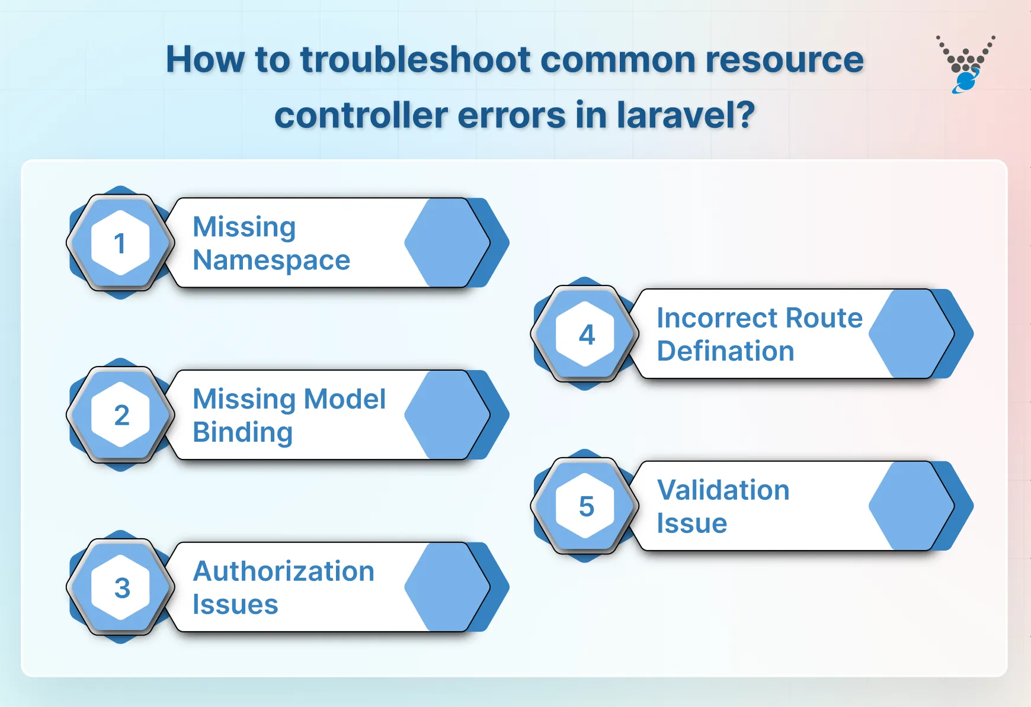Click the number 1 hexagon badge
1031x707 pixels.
(120, 243)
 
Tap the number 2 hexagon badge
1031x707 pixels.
(120, 414)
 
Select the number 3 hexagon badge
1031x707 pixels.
(120, 587)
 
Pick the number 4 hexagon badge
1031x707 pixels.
(585, 334)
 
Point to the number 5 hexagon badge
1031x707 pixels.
(585, 506)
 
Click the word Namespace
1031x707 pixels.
(271, 261)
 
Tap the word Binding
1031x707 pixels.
(242, 432)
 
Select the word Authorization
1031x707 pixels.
(284, 571)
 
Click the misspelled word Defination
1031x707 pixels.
(725, 351)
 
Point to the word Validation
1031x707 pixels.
(723, 490)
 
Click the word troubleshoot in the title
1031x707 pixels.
(415, 60)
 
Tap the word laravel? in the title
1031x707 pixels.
(686, 115)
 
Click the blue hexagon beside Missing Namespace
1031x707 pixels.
(447, 243)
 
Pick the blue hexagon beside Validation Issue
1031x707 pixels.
(911, 506)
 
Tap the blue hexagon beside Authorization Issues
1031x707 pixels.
(447, 587)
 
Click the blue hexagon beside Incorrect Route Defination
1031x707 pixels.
(911, 334)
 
